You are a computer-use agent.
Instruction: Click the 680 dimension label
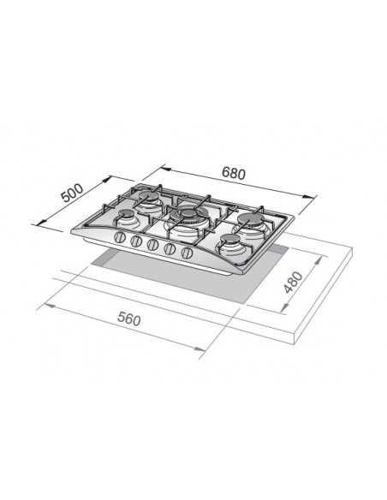click(x=234, y=174)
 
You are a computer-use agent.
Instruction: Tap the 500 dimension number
click(x=73, y=193)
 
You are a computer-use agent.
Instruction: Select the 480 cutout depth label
click(x=293, y=282)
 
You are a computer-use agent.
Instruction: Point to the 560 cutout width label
click(x=128, y=318)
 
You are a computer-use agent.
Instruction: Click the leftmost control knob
click(x=119, y=237)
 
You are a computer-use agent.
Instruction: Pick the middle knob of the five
click(x=152, y=245)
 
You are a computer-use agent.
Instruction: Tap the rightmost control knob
click(x=188, y=253)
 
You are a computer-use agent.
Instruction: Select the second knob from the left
click(x=136, y=241)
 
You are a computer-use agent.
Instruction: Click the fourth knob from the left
click(x=170, y=249)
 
